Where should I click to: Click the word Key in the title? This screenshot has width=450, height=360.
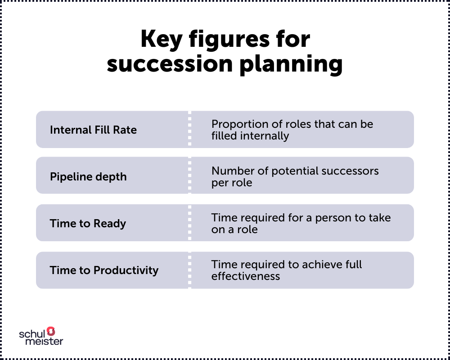point(161,40)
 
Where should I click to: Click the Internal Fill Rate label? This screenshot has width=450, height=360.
point(93,130)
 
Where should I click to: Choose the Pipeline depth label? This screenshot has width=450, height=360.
point(88,177)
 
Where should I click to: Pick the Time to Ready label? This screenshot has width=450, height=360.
point(88,224)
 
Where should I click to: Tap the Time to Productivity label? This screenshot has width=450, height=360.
point(104,270)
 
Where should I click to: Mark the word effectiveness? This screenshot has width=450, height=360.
point(246,276)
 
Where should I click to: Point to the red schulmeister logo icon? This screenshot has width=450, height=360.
point(51,331)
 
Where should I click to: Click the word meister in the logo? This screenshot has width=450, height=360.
point(44,341)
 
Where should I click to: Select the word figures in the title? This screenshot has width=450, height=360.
point(229,40)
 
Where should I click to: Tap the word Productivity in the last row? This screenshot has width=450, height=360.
point(126,270)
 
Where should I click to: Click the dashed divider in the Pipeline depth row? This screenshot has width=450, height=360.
point(189,175)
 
